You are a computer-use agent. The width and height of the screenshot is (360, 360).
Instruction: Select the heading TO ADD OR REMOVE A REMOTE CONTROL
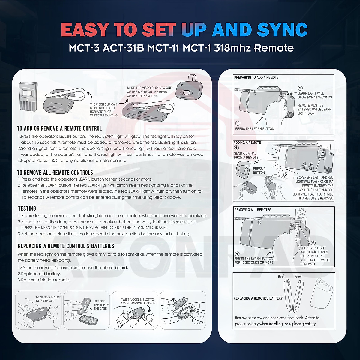59,128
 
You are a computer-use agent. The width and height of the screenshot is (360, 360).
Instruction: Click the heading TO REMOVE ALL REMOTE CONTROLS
55,172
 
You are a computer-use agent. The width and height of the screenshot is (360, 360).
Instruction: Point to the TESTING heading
27,208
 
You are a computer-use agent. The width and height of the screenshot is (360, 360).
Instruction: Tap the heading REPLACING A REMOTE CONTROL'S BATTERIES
66,246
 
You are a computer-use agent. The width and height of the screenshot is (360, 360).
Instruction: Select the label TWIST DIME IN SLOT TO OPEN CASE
48,299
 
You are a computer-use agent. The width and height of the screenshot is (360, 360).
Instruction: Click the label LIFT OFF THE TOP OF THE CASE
101,305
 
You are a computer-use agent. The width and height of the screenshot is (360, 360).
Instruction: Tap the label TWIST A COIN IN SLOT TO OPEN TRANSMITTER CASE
138,301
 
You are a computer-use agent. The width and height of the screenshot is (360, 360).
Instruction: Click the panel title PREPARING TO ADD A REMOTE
256,78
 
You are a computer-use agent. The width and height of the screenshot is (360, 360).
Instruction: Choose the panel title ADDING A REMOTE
247,143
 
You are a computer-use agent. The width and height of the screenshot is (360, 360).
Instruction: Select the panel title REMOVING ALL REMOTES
253,210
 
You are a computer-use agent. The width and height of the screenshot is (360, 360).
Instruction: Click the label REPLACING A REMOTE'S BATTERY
258,298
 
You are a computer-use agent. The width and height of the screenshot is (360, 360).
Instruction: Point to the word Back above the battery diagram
281,277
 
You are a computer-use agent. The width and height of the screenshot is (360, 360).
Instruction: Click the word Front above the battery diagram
298,277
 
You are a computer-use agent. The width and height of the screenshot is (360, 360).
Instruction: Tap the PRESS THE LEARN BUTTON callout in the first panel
254,129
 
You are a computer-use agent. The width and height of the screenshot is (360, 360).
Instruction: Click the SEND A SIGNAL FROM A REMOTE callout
246,155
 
